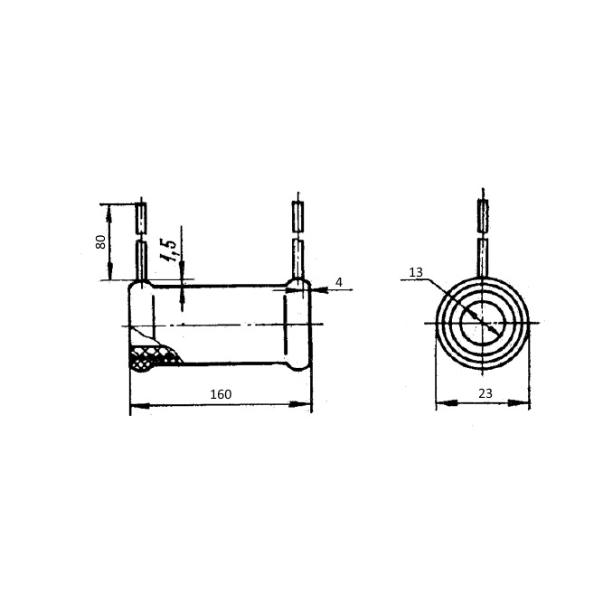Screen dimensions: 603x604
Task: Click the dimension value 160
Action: (221, 394)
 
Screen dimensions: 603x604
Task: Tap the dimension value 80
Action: (100, 241)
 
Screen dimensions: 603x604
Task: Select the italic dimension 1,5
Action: (168, 250)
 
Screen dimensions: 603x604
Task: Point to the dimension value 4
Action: (339, 282)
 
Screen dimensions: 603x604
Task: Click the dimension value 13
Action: (416, 272)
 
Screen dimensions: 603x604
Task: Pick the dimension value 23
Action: (485, 393)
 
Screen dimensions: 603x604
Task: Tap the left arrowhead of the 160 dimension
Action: (140, 405)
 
